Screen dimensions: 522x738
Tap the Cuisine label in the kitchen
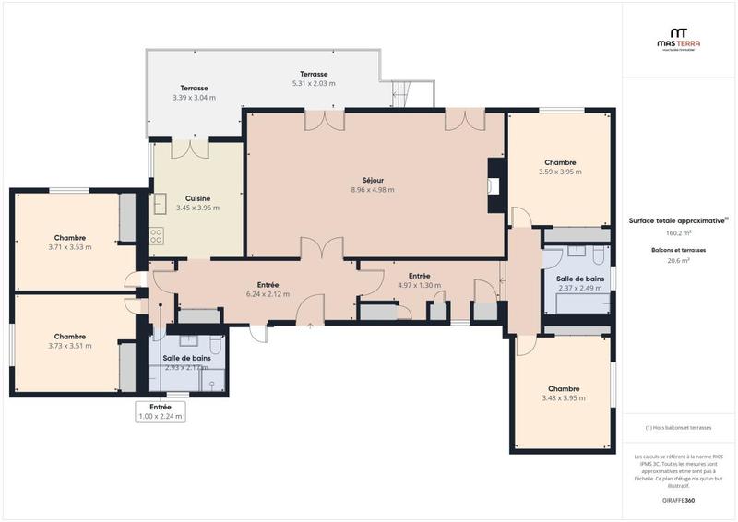(x=197, y=198)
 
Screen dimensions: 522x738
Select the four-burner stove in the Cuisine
(x=156, y=235)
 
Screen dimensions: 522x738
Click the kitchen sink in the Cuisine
(x=158, y=203)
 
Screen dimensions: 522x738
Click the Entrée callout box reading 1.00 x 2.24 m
(x=161, y=411)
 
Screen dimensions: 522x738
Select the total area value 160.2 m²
(x=678, y=233)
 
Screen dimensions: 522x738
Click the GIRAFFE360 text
(x=678, y=500)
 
